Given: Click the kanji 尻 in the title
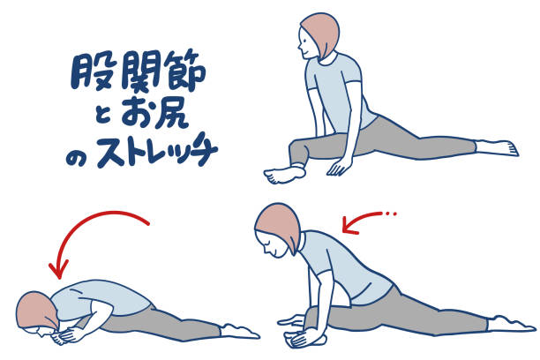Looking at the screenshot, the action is pyautogui.click(x=169, y=114).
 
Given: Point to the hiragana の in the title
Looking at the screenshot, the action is pyautogui.click(x=76, y=159).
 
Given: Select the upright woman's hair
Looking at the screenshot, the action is pyautogui.click(x=321, y=34).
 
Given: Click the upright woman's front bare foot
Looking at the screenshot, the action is pyautogui.click(x=284, y=175).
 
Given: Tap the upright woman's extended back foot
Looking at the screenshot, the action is pyautogui.click(x=497, y=148).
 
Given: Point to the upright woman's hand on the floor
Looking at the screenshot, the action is pyautogui.click(x=340, y=167).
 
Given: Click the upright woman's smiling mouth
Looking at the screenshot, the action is pyautogui.click(x=304, y=51).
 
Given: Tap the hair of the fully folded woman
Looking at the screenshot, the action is pyautogui.click(x=37, y=311).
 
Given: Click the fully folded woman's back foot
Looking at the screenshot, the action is pyautogui.click(x=239, y=331).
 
